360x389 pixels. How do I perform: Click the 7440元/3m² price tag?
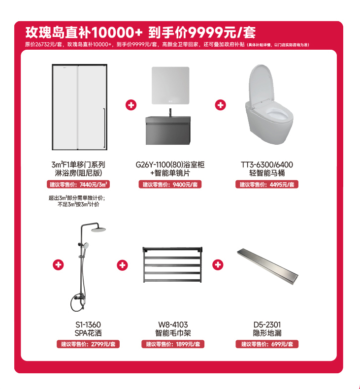pos(78,184)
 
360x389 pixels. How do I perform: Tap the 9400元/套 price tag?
pos(170,184)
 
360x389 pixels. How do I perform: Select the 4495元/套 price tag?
pos(267,184)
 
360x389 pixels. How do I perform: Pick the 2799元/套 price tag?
pos(88,344)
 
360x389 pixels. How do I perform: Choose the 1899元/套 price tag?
pos(173,344)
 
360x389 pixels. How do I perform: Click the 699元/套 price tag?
pos(267,344)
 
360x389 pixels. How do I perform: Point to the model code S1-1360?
pos(88,324)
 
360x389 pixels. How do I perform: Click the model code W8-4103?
pos(173,324)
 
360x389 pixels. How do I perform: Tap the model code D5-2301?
pos(267,324)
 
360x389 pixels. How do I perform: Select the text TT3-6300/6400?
pos(267,164)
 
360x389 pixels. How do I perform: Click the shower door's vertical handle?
pos(104,128)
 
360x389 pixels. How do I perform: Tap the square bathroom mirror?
pos(170,86)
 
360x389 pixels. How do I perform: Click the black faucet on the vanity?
pos(170,112)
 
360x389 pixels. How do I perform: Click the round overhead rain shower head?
pos(98,230)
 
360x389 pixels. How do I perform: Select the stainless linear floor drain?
pos(267,266)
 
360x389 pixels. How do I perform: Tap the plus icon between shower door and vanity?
pos(131,105)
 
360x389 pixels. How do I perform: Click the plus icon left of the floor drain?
pos(218,265)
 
